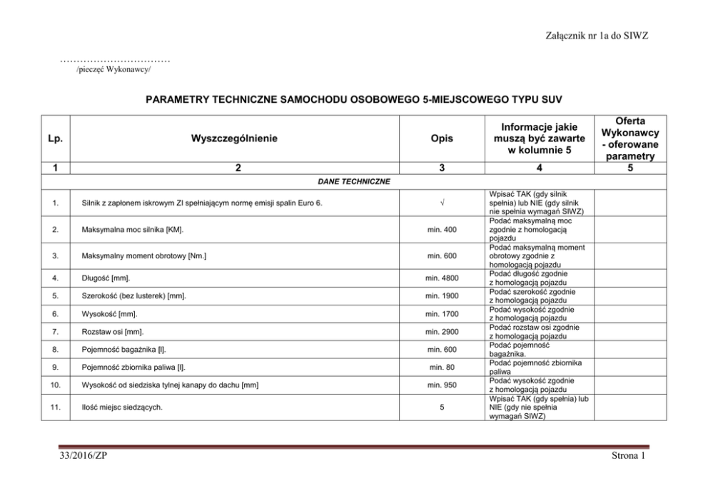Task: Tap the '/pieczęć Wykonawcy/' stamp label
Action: pos(113,71)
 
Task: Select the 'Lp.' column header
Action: pos(55,138)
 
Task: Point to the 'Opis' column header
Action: pos(442,138)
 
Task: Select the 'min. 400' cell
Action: pos(442,231)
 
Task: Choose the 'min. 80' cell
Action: pos(442,368)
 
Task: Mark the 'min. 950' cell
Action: pos(442,385)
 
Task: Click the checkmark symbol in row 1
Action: pos(442,203)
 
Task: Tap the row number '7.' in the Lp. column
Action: pos(55,332)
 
